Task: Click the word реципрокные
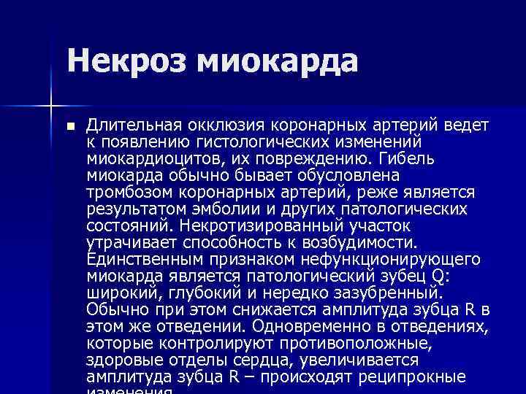coord(413,377)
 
